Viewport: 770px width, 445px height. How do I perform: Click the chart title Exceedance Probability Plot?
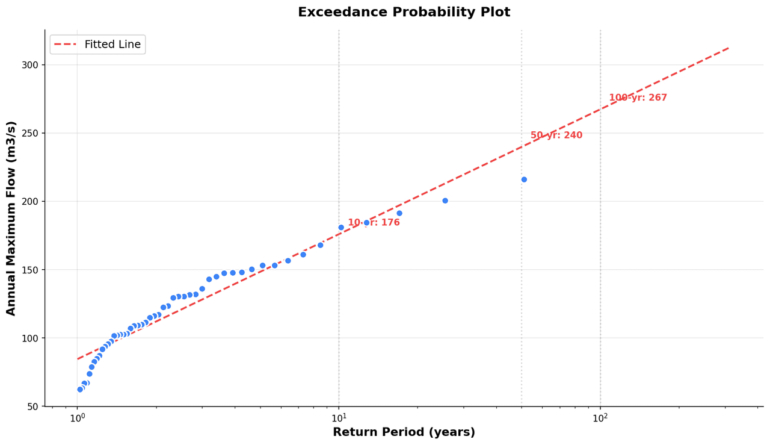pyautogui.click(x=404, y=12)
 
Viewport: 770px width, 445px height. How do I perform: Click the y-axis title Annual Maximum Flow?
pyautogui.click(x=11, y=218)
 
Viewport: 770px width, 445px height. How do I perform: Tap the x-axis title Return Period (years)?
pyautogui.click(x=404, y=432)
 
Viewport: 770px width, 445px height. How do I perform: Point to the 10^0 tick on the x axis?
pyautogui.click(x=77, y=418)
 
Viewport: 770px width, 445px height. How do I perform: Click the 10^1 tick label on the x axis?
pyautogui.click(x=339, y=418)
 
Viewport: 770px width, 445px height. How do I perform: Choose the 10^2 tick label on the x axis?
pyautogui.click(x=600, y=418)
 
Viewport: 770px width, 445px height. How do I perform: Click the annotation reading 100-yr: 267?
pyautogui.click(x=638, y=98)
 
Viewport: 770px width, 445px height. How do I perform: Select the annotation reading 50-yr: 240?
pyautogui.click(x=556, y=135)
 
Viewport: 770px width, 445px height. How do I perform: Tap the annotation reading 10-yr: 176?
pyautogui.click(x=374, y=223)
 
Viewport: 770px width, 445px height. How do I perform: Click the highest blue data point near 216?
pyautogui.click(x=524, y=179)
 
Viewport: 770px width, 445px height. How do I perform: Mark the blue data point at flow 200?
pyautogui.click(x=445, y=201)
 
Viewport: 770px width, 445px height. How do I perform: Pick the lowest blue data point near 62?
pyautogui.click(x=80, y=390)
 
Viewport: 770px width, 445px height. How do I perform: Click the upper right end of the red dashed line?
pyautogui.click(x=729, y=48)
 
